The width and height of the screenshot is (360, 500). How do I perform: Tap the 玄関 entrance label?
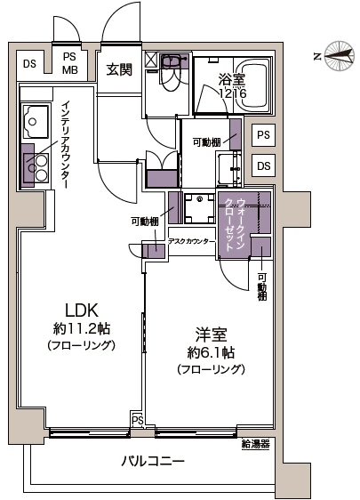(x=119, y=69)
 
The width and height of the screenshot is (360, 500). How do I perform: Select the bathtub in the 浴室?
(x=255, y=85)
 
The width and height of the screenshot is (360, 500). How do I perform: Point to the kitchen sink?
(x=36, y=121)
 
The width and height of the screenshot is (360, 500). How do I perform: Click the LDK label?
(x=81, y=310)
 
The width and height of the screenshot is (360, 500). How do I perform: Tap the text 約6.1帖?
(x=211, y=352)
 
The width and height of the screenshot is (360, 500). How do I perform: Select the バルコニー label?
(x=153, y=461)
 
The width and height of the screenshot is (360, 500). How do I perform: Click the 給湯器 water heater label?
(x=256, y=444)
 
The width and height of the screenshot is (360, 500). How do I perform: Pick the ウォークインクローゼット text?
(x=235, y=225)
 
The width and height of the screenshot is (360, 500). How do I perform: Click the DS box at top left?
(x=29, y=64)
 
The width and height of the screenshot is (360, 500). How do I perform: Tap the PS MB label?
(x=69, y=63)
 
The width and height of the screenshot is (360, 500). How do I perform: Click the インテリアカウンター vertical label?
(x=64, y=144)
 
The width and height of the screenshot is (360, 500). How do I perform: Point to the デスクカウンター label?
(x=191, y=241)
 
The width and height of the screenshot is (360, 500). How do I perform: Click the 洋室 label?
(x=211, y=335)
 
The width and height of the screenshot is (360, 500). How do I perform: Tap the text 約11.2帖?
(x=82, y=329)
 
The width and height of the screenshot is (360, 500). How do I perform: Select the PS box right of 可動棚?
(x=263, y=135)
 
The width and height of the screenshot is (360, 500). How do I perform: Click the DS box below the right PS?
(x=263, y=165)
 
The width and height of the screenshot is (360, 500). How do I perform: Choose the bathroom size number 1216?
(x=233, y=93)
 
